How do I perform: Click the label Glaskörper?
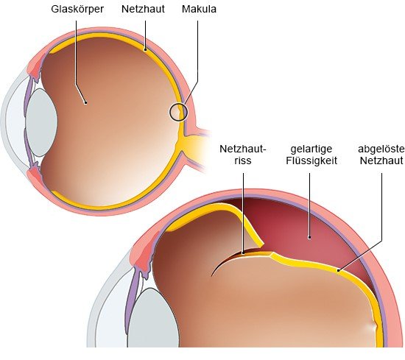click(77, 10)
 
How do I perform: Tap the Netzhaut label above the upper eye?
click(143, 9)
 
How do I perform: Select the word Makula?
click(199, 9)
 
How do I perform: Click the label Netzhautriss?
click(243, 155)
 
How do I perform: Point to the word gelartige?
click(311, 149)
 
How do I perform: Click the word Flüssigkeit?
click(311, 160)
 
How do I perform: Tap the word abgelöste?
click(381, 149)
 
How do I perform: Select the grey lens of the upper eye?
click(41, 123)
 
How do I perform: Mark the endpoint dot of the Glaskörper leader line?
click(85, 103)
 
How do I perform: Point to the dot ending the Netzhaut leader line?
click(145, 49)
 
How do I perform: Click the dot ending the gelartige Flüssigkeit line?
click(309, 237)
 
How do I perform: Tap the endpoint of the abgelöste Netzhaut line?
click(338, 270)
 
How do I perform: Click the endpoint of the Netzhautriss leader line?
click(243, 253)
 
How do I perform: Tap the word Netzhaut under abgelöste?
click(381, 160)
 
